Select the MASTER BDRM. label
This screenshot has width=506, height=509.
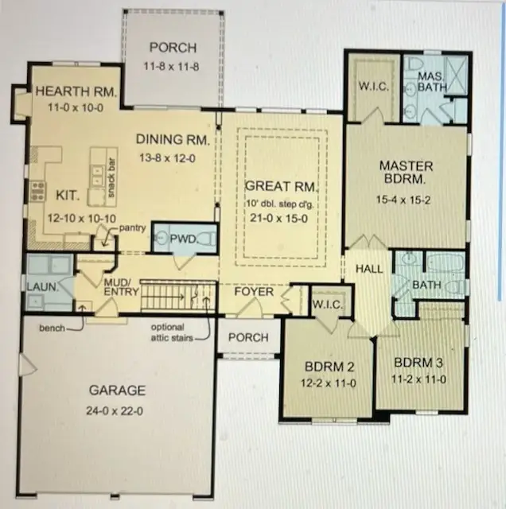pos(406,173)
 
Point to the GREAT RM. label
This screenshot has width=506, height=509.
pos(282,186)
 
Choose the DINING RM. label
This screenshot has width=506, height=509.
pos(173,139)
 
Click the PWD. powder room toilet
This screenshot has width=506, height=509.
pos(206,238)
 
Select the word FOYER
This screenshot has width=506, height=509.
pos(253,292)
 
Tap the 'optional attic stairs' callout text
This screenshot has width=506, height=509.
pos(169,332)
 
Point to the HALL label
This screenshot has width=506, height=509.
pos(369,270)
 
